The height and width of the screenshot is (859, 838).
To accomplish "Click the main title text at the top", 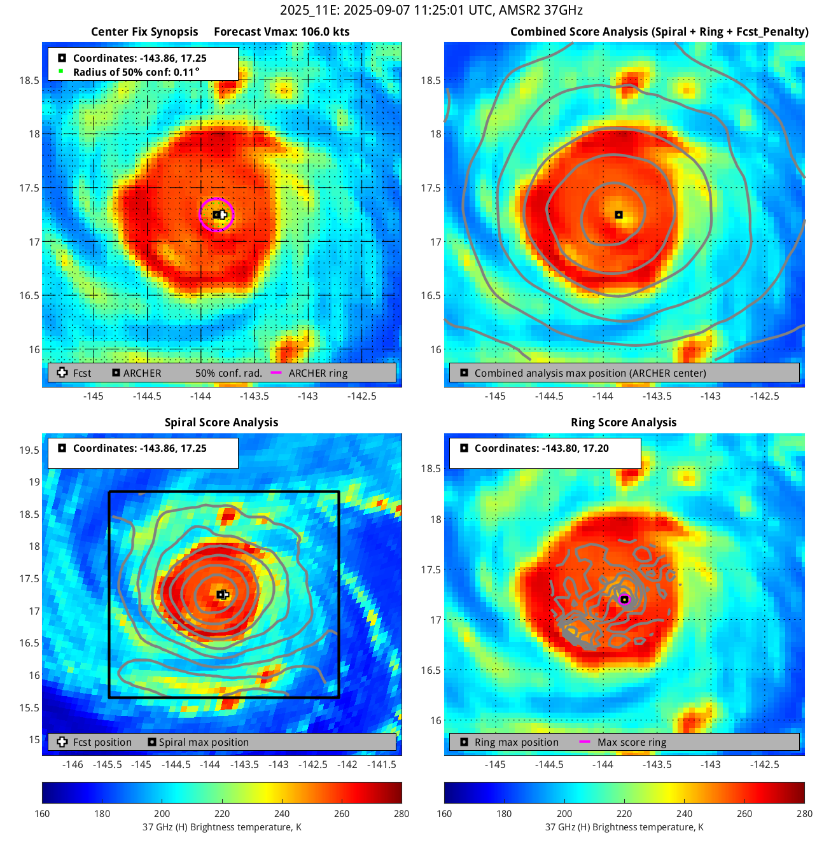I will pos(431,10).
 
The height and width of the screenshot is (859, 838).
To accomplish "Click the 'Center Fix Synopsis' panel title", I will pos(144,32).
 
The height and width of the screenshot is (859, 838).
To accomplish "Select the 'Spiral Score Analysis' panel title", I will pos(221,423).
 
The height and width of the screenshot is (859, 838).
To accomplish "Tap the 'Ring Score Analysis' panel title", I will pos(624,423).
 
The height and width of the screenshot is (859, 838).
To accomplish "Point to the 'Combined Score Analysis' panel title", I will pos(659,32).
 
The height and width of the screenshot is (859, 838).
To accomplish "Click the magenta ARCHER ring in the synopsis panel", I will pos(216,199).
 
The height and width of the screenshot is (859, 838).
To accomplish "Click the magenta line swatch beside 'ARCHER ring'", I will pos(276,373).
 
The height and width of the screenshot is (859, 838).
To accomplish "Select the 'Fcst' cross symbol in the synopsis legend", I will pos(62,373).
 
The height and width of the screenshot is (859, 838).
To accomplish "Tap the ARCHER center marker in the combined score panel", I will pos(618,215).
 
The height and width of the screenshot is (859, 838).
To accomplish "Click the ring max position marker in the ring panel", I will pos(624,599).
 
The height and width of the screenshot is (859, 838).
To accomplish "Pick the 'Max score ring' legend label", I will pos(632,743).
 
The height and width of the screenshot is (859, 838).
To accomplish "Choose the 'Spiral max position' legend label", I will pos(204,743).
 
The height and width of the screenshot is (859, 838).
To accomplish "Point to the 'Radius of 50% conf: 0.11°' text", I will pos(136,72).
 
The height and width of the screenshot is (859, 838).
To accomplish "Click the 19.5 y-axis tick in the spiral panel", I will pos(29,450).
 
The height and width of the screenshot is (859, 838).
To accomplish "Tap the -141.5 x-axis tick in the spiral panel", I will pos(381,764).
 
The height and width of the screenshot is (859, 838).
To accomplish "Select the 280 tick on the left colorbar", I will pos(402,813).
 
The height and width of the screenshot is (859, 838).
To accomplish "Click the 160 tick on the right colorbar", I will pos(444,813).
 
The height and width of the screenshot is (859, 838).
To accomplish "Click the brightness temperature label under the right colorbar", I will pos(624,827).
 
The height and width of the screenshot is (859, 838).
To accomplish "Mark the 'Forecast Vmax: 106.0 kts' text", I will pos(282,32).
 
